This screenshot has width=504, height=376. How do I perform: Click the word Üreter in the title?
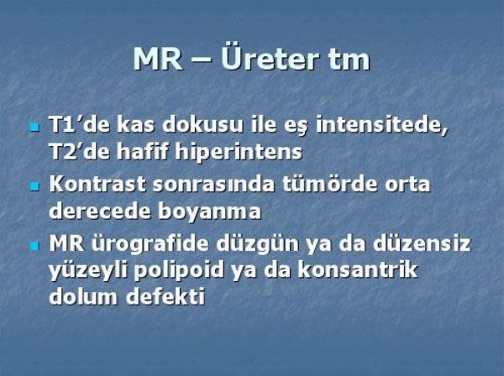point(270,59)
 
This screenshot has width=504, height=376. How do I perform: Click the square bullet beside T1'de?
point(34,127)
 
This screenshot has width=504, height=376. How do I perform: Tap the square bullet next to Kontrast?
point(34,186)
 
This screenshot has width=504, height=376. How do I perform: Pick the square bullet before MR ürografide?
point(34,246)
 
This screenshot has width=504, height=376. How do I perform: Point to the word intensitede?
point(381,124)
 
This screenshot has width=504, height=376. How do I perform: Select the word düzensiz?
point(422,243)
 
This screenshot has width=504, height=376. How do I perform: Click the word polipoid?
point(178,271)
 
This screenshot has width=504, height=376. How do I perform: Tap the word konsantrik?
point(357,271)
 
